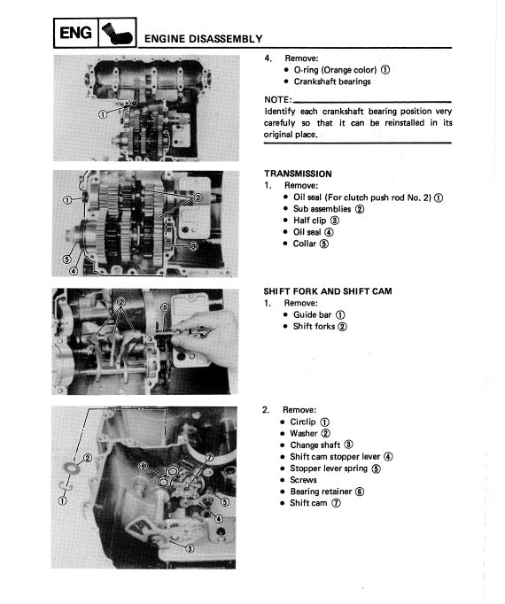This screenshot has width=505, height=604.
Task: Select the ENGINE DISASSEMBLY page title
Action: pyautogui.click(x=203, y=38)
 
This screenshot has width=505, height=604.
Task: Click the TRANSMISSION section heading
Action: pyautogui.click(x=298, y=174)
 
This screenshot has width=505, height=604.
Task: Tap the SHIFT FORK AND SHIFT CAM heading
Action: pyautogui.click(x=328, y=290)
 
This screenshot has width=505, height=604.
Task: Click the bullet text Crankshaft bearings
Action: pyautogui.click(x=332, y=81)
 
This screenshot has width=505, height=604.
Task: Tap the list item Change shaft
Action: pyautogui.click(x=315, y=445)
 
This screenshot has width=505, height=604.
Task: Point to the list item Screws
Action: pyautogui.click(x=303, y=480)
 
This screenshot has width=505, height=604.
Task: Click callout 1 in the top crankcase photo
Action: pyautogui.click(x=103, y=114)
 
